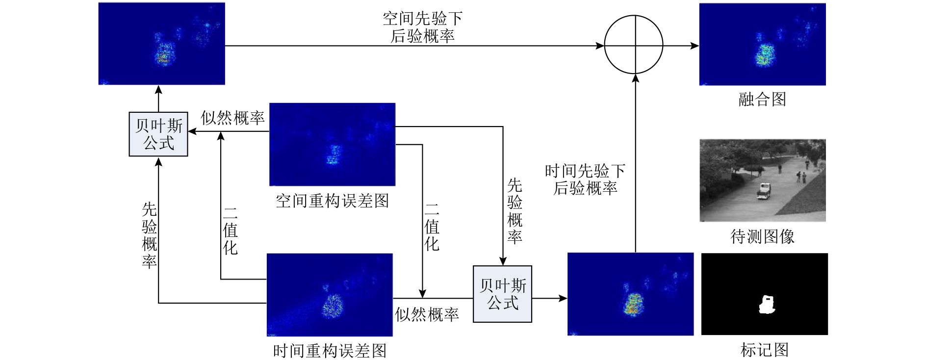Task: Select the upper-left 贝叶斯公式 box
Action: [x=158, y=134]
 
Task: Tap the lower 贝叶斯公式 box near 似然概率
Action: [x=502, y=294]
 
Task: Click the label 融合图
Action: [x=762, y=100]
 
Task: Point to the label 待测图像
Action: [x=762, y=236]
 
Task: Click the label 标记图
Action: [x=765, y=350]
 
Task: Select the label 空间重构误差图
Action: [x=333, y=201]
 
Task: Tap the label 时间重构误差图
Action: [x=330, y=350]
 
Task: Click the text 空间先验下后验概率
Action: [x=422, y=27]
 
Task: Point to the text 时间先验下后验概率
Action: [x=585, y=179]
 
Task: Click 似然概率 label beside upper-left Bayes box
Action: [x=232, y=118]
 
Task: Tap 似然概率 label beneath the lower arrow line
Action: [x=427, y=314]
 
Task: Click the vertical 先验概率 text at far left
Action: [x=150, y=235]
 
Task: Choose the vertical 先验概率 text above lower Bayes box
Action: [x=515, y=211]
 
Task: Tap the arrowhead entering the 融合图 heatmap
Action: [x=695, y=46]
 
